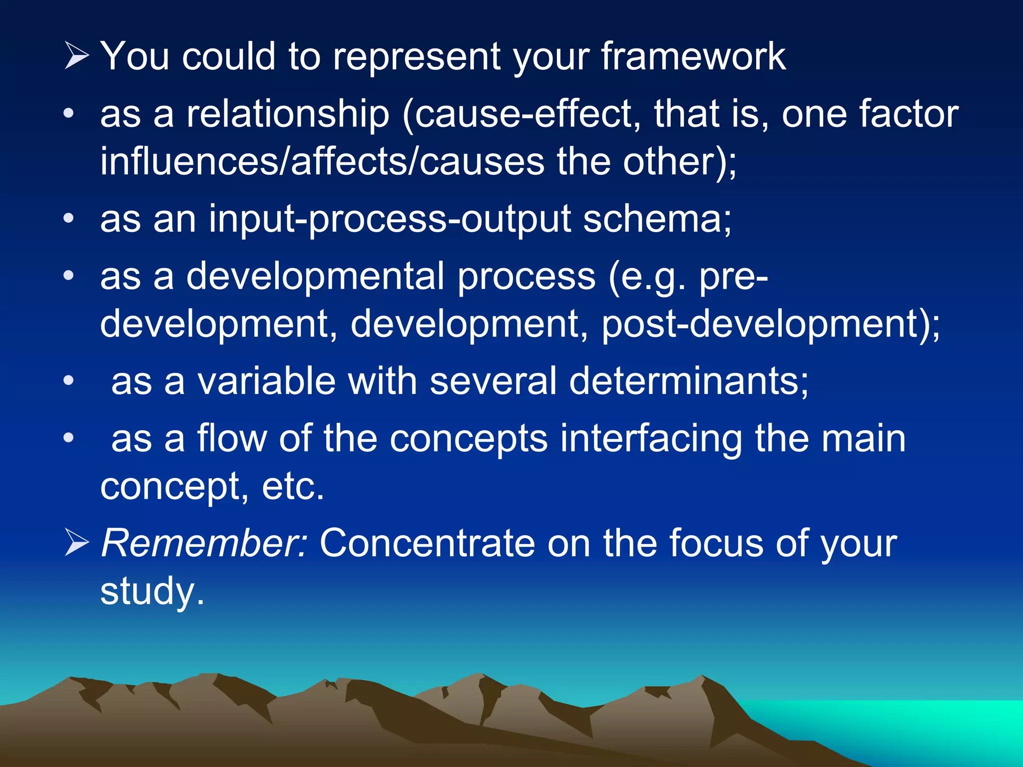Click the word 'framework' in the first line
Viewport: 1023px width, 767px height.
coord(693,56)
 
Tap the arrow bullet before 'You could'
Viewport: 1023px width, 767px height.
coord(76,56)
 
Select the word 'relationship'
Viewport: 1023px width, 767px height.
coord(288,114)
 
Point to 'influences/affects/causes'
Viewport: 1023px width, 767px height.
coord(322,162)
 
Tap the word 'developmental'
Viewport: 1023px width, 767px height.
coord(315,276)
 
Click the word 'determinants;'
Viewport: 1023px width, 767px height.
coord(688,381)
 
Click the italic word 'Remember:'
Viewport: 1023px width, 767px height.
coord(204,543)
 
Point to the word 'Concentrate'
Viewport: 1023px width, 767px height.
coord(427,543)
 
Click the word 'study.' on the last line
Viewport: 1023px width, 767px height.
coord(152,591)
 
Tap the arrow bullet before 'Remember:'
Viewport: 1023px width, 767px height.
coord(76,543)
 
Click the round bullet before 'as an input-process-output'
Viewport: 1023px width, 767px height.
coord(69,218)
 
